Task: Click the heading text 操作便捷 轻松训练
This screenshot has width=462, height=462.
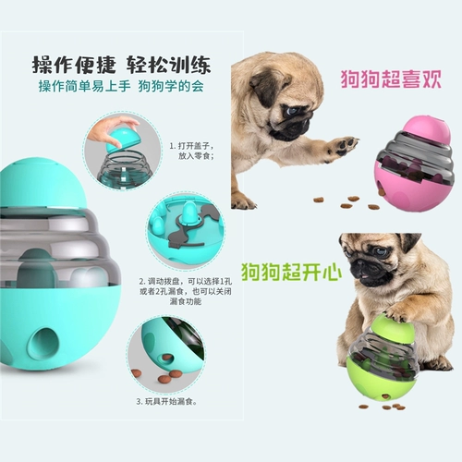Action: pos(120,65)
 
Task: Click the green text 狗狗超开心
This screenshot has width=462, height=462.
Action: pos(291,272)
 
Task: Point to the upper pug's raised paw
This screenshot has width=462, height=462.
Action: pos(342,145)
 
